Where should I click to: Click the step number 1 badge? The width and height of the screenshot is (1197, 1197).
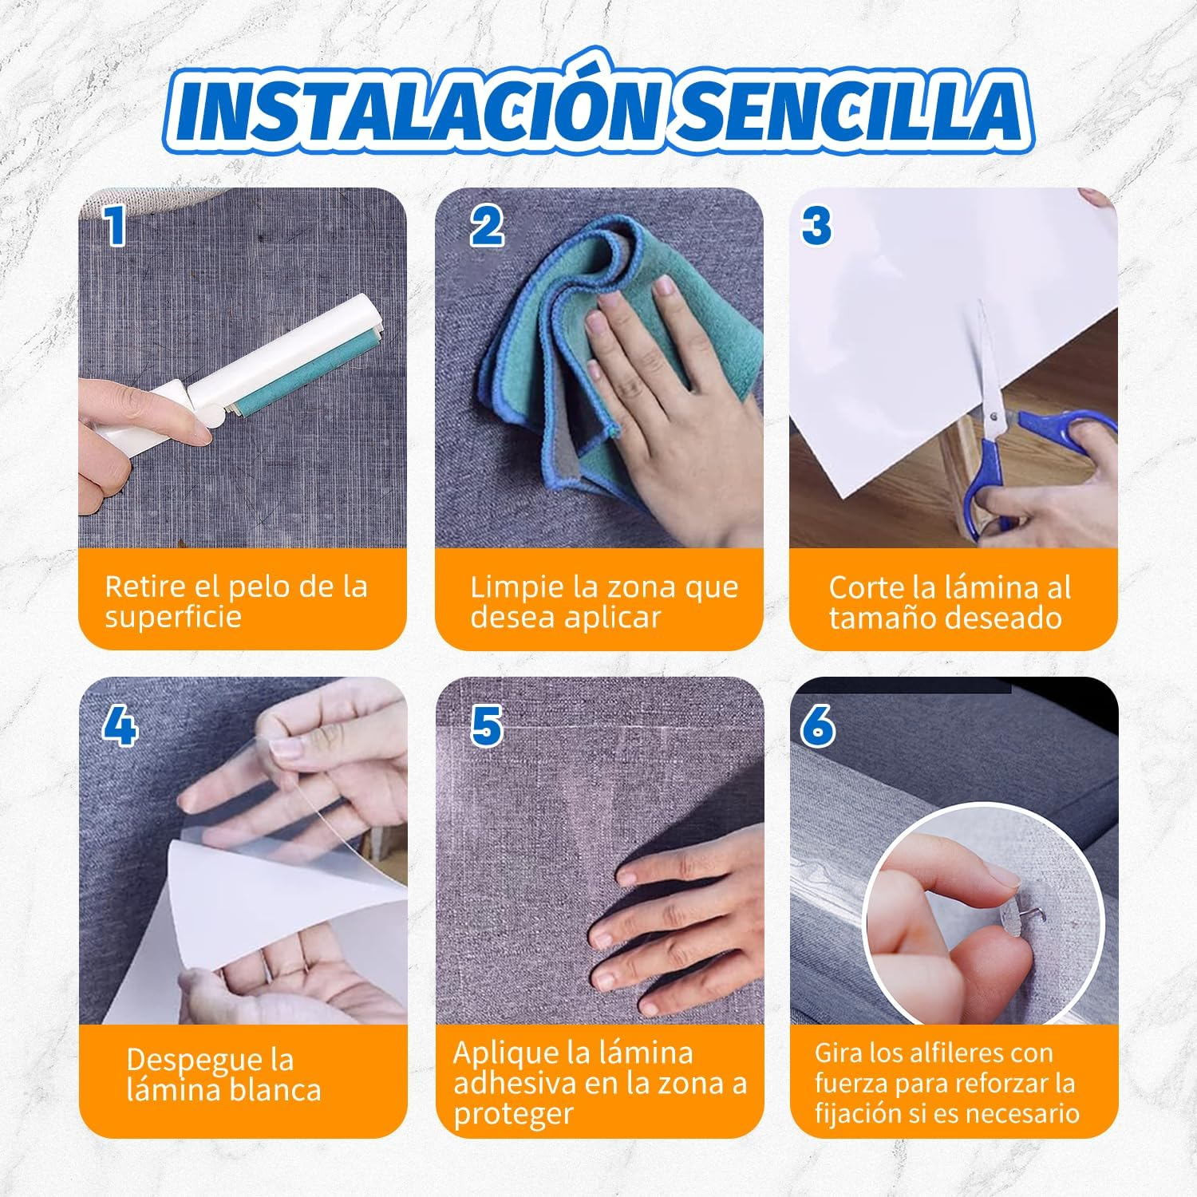tap(116, 227)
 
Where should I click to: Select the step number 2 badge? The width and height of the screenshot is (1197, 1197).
tap(486, 226)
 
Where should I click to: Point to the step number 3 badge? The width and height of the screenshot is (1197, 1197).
tap(816, 226)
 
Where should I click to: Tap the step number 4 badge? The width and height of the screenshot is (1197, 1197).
tap(120, 727)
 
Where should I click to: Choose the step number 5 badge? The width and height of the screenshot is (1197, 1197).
tap(486, 727)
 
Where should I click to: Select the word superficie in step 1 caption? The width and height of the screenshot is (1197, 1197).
tap(172, 618)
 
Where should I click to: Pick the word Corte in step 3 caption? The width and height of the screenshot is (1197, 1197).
tap(867, 588)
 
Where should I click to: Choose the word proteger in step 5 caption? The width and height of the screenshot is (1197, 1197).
tap(513, 1114)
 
